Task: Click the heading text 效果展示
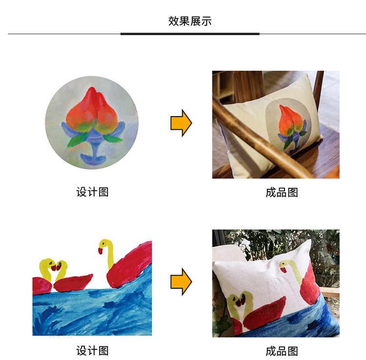pyautogui.click(x=190, y=21)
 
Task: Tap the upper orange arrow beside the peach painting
pyautogui.click(x=181, y=123)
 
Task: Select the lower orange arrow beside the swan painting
pyautogui.click(x=181, y=281)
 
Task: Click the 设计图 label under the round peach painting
pyautogui.click(x=92, y=192)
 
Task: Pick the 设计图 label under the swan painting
pyautogui.click(x=92, y=351)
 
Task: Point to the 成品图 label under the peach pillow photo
pyautogui.click(x=282, y=193)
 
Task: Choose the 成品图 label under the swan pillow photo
pyautogui.click(x=282, y=351)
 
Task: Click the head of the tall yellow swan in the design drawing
pyautogui.click(x=104, y=244)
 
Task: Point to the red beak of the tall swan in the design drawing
pyautogui.click(x=101, y=251)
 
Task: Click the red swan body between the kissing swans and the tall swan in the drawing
pyautogui.click(x=73, y=283)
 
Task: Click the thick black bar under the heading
pyautogui.click(x=190, y=34)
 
